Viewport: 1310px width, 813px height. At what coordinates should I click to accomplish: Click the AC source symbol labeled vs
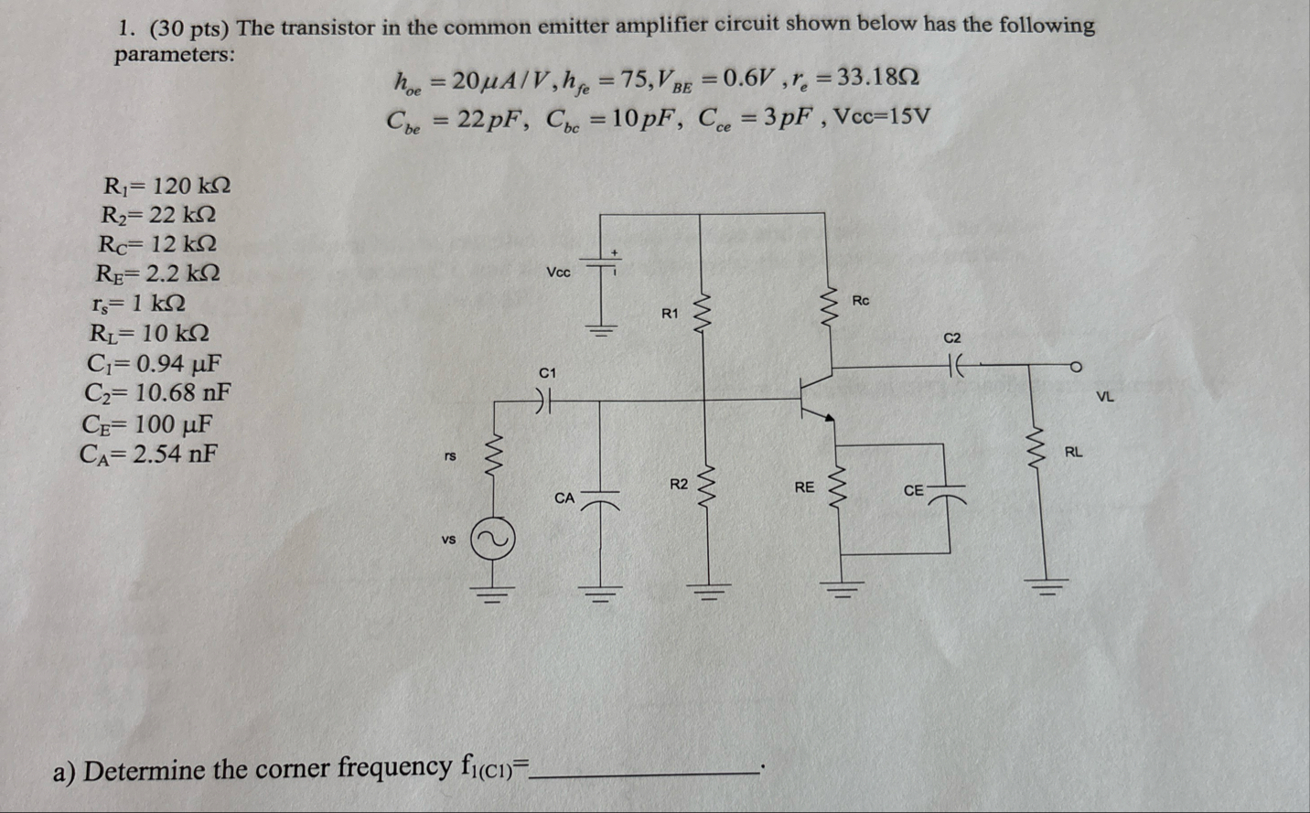click(493, 540)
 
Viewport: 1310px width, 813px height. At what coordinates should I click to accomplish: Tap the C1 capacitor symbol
click(546, 400)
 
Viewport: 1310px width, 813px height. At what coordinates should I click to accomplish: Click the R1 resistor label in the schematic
click(671, 314)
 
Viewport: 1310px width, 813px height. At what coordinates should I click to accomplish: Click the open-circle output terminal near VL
click(1077, 368)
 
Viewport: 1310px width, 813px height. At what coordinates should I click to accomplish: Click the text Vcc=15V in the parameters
click(878, 117)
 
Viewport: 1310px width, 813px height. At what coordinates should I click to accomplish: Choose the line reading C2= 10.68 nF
click(157, 393)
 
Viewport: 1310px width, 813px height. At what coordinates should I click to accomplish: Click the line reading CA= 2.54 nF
click(150, 454)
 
